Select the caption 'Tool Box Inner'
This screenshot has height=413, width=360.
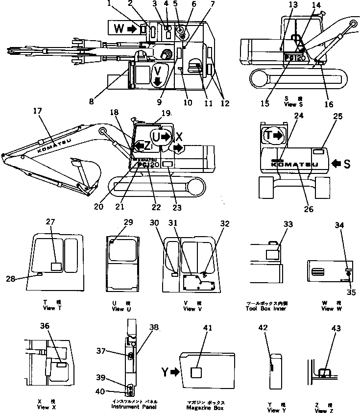267,308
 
